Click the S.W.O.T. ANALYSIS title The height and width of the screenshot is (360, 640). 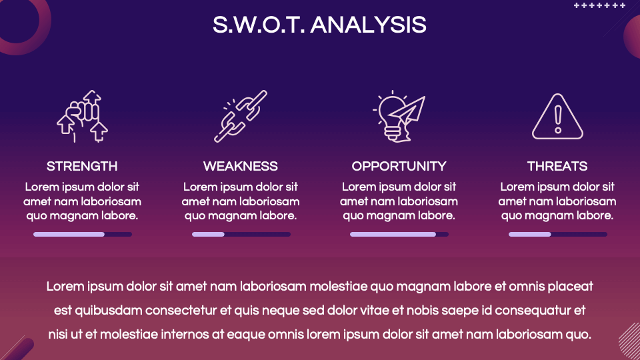coord(319,25)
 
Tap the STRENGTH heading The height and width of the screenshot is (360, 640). coord(82,166)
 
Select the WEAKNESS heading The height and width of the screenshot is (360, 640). coord(241,166)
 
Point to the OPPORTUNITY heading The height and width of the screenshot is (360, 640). coord(399,166)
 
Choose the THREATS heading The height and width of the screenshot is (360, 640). coord(557,166)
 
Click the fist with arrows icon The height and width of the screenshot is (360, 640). coord(82,116)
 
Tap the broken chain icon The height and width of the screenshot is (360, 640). coord(241,116)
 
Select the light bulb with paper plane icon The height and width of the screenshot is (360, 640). coord(399,116)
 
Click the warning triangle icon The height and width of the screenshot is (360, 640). coord(557,117)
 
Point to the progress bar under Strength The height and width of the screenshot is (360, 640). coord(83,234)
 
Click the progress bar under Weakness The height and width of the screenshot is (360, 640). coord(241,234)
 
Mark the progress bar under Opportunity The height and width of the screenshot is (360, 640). coord(399,234)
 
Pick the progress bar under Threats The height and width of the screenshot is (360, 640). coord(558,234)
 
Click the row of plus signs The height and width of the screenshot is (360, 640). coord(599,5)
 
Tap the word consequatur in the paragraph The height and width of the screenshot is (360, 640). coord(534,311)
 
